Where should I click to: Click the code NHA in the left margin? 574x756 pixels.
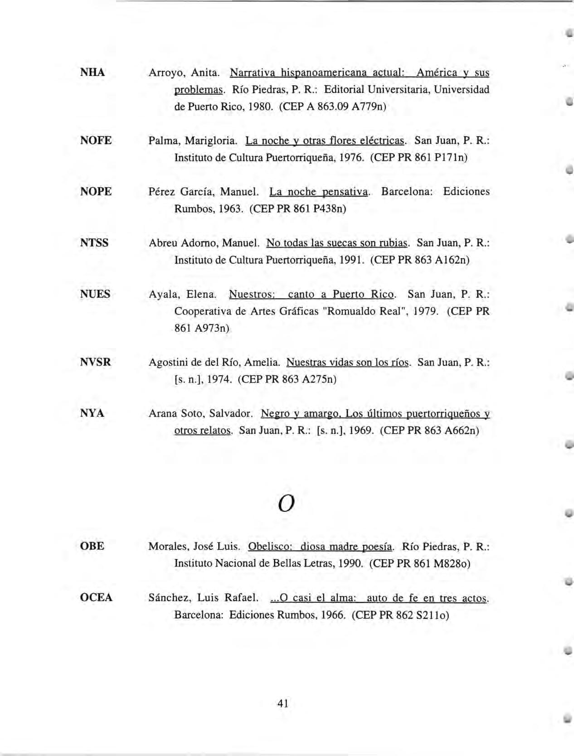(92, 73)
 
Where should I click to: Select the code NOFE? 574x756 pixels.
(96, 141)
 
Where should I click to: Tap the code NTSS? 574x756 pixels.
(94, 243)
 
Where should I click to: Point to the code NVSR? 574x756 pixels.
(95, 362)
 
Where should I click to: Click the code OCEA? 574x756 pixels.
(96, 597)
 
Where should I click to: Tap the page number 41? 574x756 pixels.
(283, 703)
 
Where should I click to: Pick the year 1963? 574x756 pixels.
(230, 209)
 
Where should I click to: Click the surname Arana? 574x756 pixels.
(163, 413)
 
